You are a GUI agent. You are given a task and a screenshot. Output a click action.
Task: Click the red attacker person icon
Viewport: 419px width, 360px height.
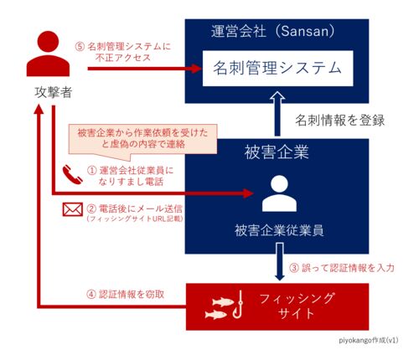(x=48, y=54)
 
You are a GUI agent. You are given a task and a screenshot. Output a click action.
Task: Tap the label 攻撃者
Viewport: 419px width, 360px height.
(x=53, y=92)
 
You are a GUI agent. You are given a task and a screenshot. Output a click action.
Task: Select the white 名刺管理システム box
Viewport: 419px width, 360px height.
(x=277, y=69)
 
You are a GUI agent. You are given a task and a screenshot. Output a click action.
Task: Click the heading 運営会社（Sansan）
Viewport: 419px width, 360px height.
(x=272, y=31)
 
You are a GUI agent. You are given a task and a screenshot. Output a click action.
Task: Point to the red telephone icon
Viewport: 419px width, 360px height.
(x=72, y=175)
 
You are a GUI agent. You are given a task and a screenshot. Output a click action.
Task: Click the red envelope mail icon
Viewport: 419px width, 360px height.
(x=73, y=209)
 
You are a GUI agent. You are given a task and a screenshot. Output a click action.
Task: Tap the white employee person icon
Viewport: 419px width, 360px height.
(x=279, y=193)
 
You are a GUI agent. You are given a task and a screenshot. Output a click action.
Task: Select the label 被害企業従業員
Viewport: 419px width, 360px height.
(x=279, y=231)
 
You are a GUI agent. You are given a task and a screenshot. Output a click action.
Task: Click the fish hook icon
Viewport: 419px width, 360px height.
(x=238, y=305)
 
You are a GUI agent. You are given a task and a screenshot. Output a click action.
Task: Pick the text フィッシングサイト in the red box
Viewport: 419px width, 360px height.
(x=297, y=306)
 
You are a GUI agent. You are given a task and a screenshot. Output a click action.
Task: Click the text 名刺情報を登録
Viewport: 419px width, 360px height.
(x=339, y=121)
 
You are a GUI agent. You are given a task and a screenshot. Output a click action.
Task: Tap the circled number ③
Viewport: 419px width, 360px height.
(x=294, y=268)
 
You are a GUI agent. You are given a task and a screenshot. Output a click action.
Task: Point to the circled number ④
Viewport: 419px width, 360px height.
(x=91, y=295)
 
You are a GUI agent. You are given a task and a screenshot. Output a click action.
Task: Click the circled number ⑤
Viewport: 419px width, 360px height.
(x=80, y=47)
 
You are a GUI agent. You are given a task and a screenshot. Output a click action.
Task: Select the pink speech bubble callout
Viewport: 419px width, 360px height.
(x=142, y=139)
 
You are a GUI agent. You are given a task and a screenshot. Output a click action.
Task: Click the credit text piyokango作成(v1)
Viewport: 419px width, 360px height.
(x=369, y=341)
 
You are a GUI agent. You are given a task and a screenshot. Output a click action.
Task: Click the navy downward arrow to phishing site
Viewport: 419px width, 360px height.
(x=279, y=261)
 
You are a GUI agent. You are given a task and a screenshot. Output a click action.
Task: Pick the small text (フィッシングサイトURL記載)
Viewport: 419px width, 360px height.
(x=135, y=219)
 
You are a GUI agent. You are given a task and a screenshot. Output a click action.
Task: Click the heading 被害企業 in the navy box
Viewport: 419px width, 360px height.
(x=277, y=152)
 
